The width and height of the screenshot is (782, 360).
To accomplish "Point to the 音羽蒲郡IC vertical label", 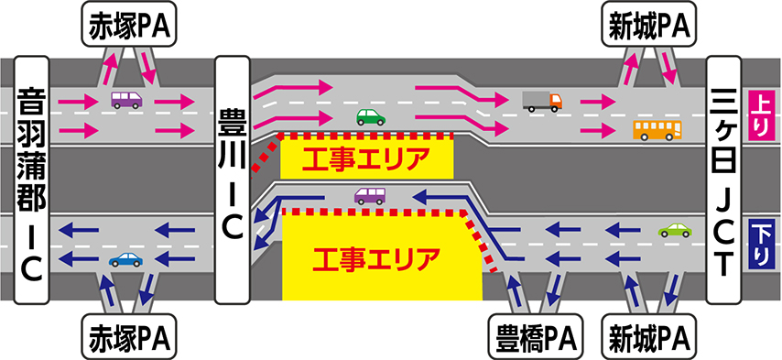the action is pos(32,180).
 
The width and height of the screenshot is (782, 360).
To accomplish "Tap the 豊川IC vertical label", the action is pos(232,180).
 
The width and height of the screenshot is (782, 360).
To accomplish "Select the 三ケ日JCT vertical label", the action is pos(724,180).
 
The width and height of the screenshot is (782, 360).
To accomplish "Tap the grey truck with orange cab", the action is pos(542,102).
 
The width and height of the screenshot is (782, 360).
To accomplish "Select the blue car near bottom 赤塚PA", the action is pos(125,259).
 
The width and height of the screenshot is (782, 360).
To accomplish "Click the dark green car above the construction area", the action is pos(371,117).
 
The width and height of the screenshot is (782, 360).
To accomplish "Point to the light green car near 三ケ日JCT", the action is pos(675,230).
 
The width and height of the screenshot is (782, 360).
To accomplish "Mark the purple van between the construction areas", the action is pos(370,195).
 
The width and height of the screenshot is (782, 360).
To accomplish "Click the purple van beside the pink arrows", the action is pos(126,100).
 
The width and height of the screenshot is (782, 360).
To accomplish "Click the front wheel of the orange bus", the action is pos(644,137).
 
